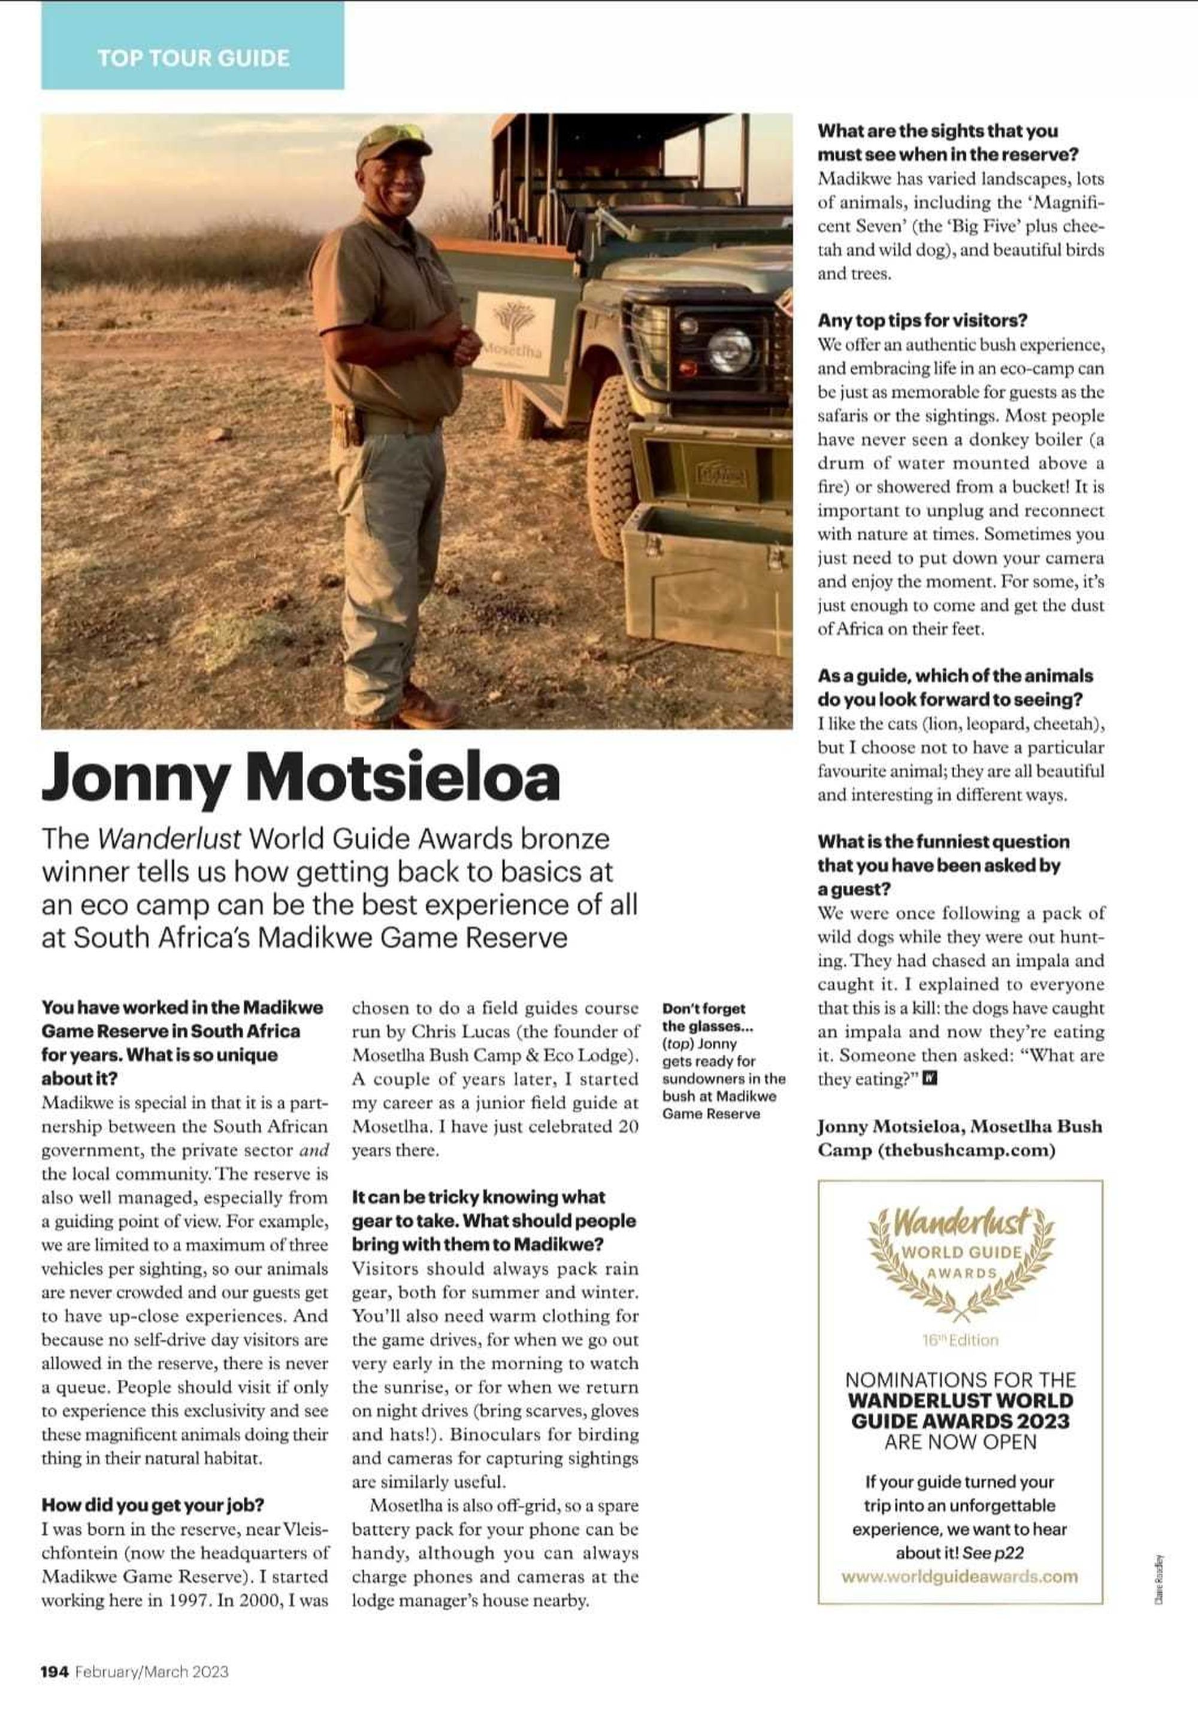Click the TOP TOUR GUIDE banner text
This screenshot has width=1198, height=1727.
(x=193, y=59)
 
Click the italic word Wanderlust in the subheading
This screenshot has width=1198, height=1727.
(x=170, y=839)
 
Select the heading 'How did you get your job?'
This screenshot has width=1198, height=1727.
(x=152, y=1505)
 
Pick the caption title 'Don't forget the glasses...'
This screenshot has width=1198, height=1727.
(x=704, y=1016)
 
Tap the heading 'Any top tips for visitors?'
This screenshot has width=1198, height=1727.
(x=922, y=320)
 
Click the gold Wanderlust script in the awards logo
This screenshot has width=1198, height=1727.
(x=961, y=1224)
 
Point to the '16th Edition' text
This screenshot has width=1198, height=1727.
(x=960, y=1340)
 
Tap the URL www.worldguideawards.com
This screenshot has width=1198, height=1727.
(x=960, y=1576)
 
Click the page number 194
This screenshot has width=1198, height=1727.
(x=55, y=1671)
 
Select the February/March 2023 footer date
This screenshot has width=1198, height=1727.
(x=152, y=1671)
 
